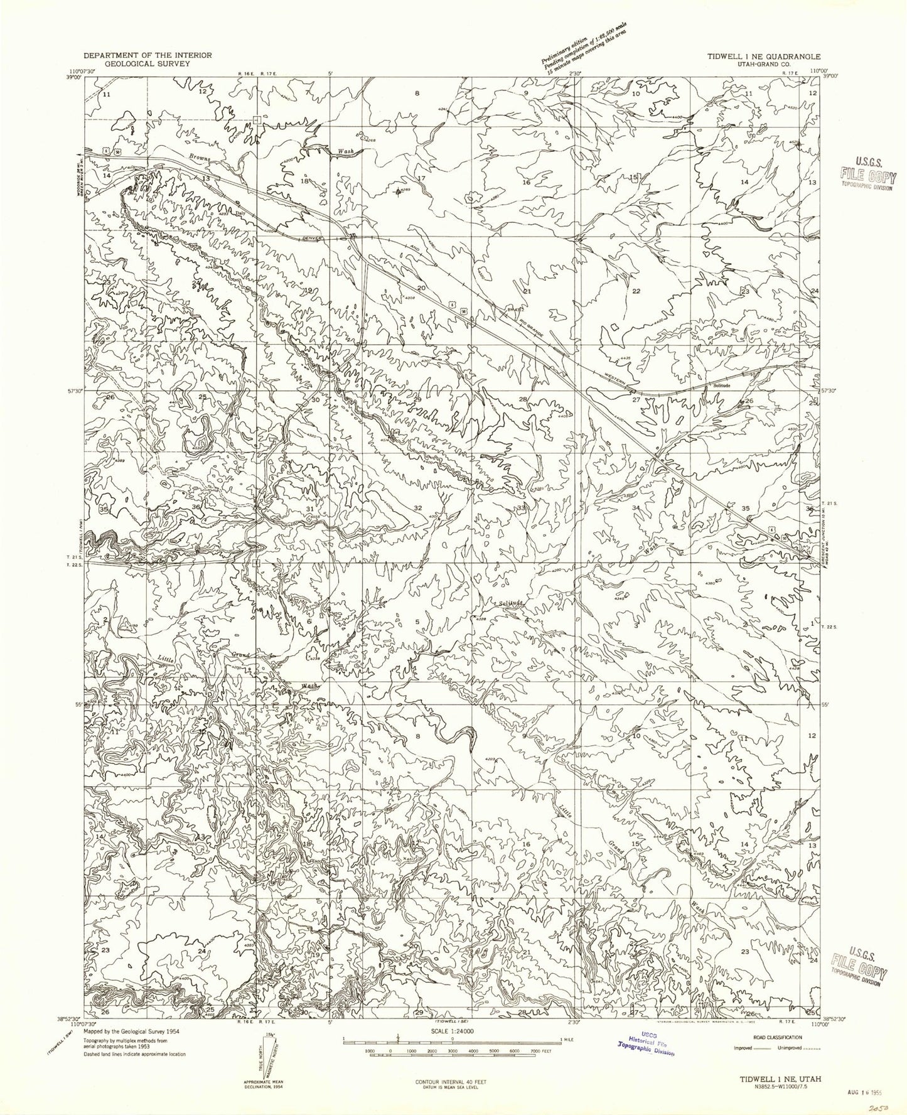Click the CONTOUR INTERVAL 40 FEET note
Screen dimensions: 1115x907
pos(451,1082)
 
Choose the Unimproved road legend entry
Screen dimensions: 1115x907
pos(797,1047)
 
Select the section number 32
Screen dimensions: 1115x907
pos(418,507)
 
